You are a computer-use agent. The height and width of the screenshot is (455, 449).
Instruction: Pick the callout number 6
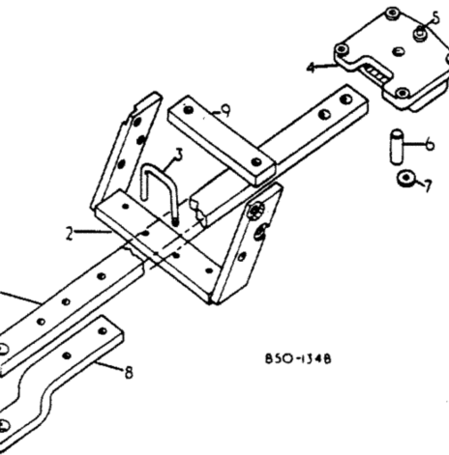coord(430,146)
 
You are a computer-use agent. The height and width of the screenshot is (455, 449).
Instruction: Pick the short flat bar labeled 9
coord(223,141)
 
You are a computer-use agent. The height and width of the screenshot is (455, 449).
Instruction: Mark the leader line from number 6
coord(413,147)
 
